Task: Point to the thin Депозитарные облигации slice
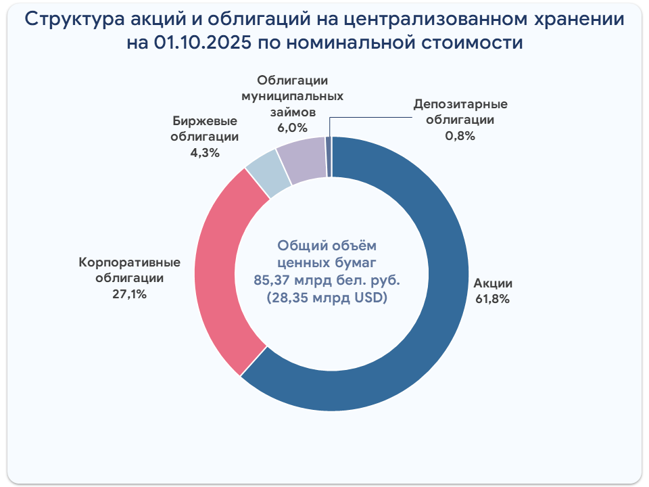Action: [x=329, y=156]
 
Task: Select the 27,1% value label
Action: [x=130, y=294]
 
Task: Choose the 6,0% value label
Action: [x=292, y=127]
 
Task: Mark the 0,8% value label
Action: [x=460, y=135]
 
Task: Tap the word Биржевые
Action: [x=204, y=122]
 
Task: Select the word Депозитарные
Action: [x=460, y=105]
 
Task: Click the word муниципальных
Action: [x=292, y=96]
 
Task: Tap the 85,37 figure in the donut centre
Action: [x=273, y=279]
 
